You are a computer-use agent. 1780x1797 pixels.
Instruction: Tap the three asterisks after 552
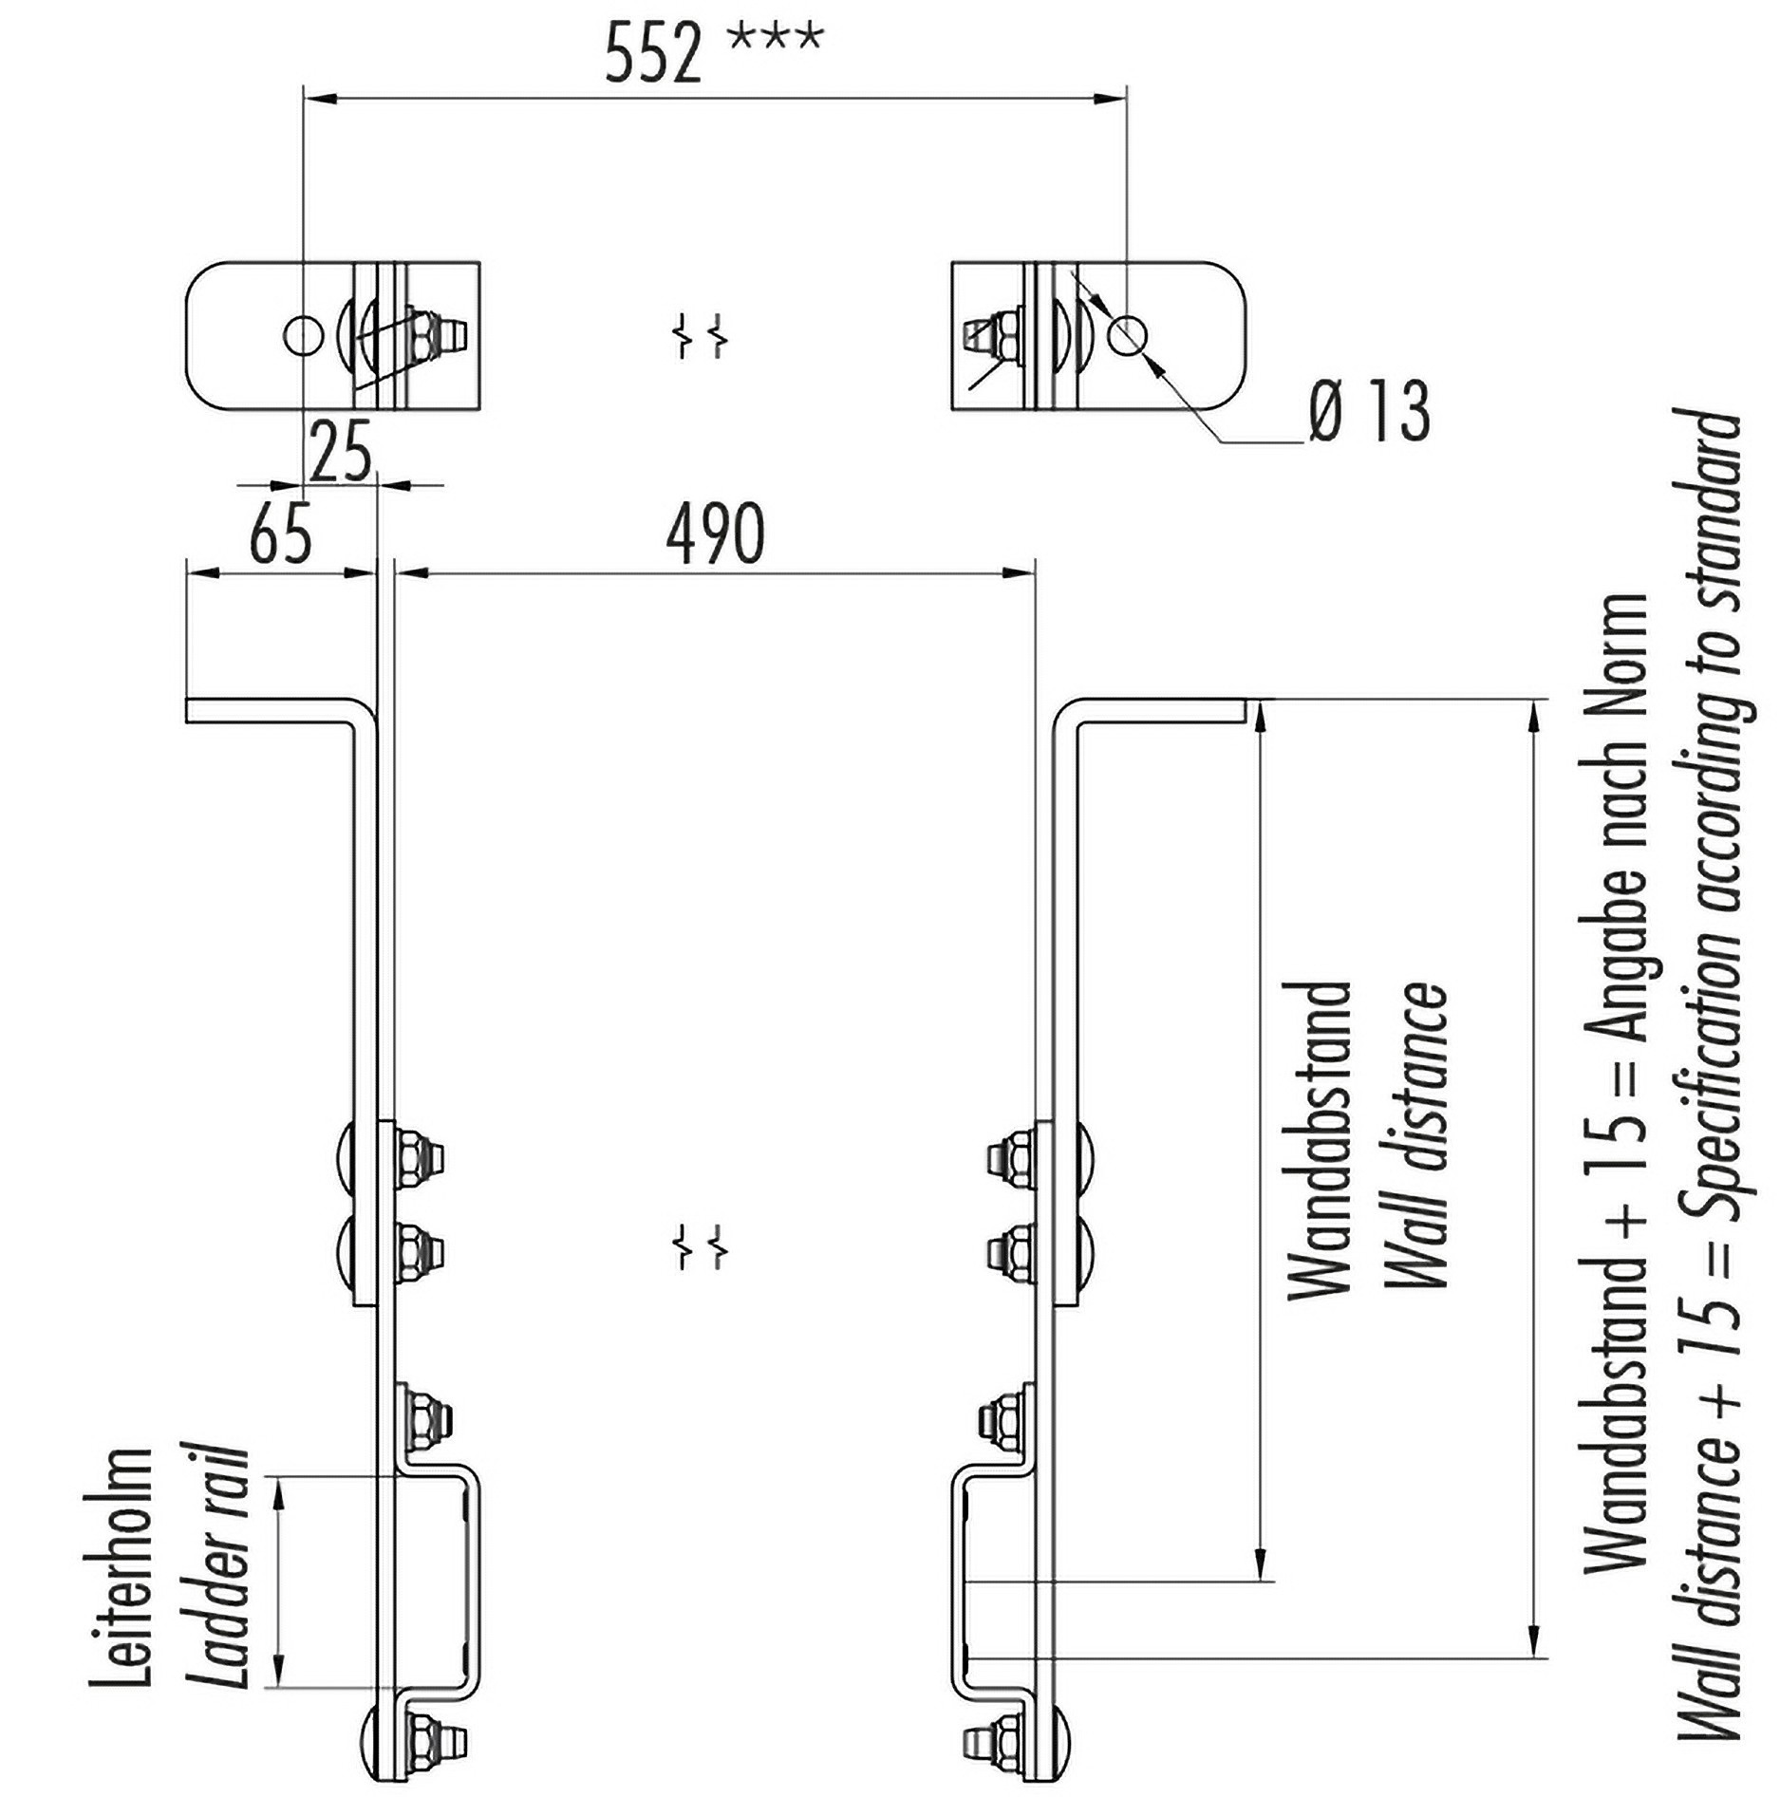tap(775, 40)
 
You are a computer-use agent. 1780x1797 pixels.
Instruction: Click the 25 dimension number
tap(341, 453)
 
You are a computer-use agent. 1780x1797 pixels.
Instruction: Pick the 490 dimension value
tap(715, 534)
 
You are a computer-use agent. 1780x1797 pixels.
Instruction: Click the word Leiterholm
tap(122, 1566)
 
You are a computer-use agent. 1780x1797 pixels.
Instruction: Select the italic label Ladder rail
tap(222, 1566)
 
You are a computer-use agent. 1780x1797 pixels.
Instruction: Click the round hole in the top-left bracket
tap(303, 334)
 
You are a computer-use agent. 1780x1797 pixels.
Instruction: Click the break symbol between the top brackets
tap(702, 337)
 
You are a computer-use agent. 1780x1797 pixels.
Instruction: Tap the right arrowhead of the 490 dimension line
tap(1021, 572)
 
